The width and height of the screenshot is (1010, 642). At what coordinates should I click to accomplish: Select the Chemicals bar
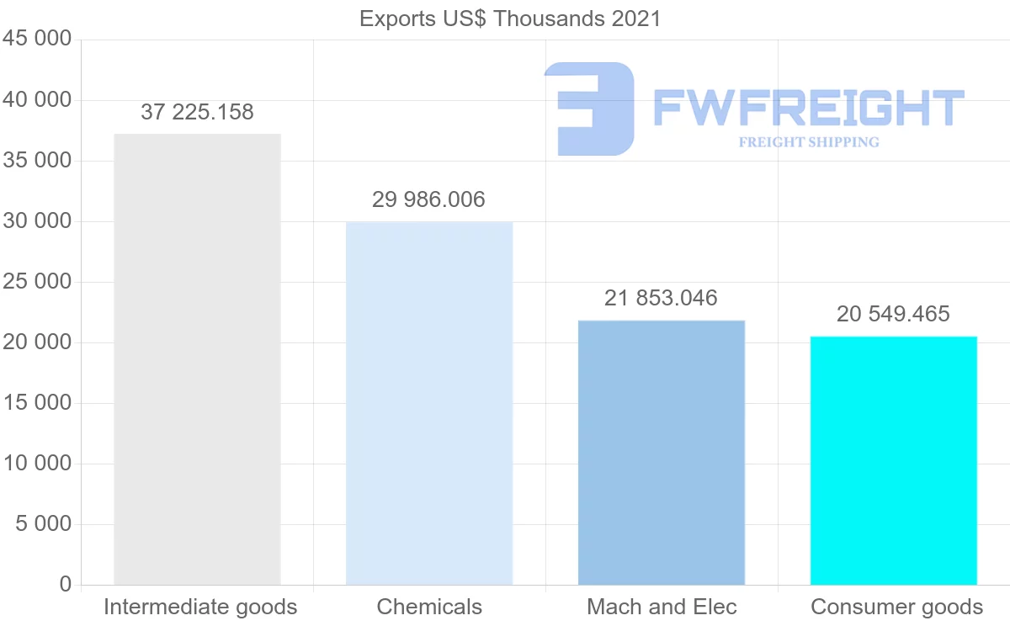click(x=429, y=403)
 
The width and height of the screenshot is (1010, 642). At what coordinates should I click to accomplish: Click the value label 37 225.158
click(x=197, y=112)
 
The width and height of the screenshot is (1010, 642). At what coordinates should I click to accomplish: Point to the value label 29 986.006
click(x=429, y=199)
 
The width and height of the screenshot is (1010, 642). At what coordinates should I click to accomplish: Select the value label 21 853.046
click(x=662, y=298)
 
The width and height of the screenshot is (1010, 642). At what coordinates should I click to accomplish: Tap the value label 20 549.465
click(x=894, y=314)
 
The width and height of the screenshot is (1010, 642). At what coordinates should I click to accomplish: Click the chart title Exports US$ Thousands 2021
click(x=510, y=19)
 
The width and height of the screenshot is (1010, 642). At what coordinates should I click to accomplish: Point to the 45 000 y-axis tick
click(x=37, y=40)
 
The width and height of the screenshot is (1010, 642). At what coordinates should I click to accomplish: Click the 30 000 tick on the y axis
click(x=37, y=221)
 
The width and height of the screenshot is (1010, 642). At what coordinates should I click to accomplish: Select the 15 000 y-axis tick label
click(x=37, y=403)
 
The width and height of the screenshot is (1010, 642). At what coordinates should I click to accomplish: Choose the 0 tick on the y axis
click(x=66, y=585)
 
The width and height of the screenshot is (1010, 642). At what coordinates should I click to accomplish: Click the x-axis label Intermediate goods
click(x=200, y=607)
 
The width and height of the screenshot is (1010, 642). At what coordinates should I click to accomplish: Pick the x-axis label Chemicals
click(x=429, y=607)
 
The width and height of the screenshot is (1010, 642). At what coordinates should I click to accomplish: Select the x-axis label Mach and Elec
click(x=662, y=607)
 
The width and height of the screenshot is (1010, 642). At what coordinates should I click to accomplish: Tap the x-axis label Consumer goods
click(x=896, y=607)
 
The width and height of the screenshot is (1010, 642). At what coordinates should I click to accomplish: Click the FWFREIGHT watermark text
click(x=808, y=108)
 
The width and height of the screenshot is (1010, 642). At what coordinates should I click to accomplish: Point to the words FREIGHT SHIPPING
click(x=809, y=142)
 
